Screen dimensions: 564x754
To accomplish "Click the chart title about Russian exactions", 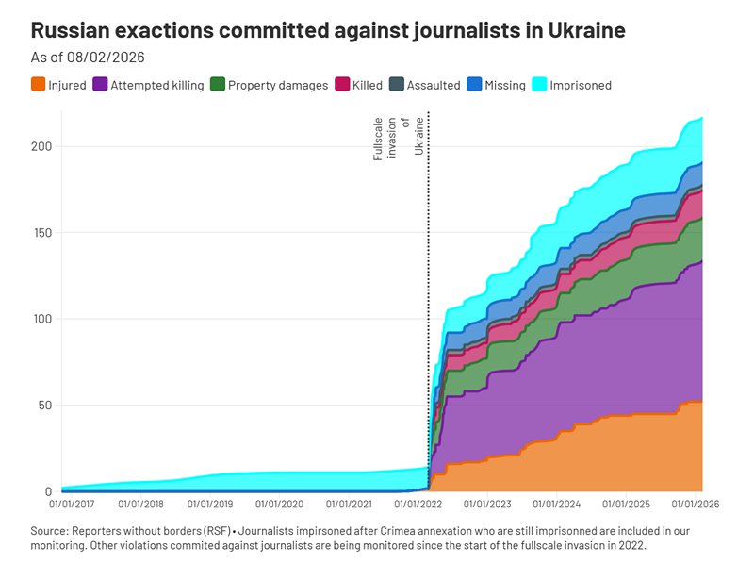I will coord(328,30).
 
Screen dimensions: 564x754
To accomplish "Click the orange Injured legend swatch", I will coord(38,85).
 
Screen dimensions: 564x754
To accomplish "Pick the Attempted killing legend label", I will coord(156,85).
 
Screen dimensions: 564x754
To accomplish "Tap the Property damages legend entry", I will coord(278,85).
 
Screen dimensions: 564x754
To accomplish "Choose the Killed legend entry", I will coord(367,85).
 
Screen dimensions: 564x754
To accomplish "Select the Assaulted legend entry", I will coord(433,85).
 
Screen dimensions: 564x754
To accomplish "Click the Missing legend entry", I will coord(504,85).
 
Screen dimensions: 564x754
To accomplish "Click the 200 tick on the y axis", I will coord(42,146).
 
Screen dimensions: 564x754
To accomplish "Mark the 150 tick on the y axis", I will coord(42,233).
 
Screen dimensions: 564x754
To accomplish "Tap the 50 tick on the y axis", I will coord(44,406).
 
